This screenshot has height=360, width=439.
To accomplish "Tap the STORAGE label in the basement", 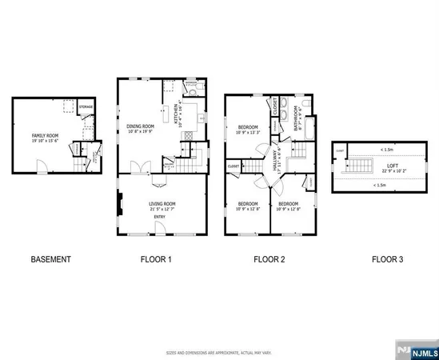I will click(86, 106).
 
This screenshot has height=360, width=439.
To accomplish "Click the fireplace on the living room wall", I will click(120, 205).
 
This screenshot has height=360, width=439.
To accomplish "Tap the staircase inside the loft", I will click(357, 166).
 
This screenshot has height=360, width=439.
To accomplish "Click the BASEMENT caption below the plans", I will click(50, 259).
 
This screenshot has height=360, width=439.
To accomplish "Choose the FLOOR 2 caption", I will click(269, 259).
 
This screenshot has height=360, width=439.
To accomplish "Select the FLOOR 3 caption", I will click(387, 259).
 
